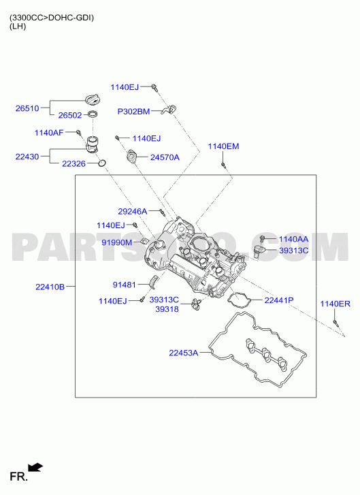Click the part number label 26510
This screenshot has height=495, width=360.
pyautogui.click(x=27, y=108)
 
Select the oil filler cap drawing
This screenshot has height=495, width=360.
pyautogui.click(x=93, y=99)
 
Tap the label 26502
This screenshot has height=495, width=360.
pyautogui.click(x=70, y=116)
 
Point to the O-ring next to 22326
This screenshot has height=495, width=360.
pyautogui.click(x=101, y=163)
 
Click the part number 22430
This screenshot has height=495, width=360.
pyautogui.click(x=27, y=157)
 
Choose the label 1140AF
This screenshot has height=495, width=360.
pyautogui.click(x=49, y=133)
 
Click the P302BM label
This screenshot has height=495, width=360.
pyautogui.click(x=133, y=112)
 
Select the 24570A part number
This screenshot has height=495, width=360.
pyautogui.click(x=165, y=157)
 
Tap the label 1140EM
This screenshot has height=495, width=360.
pyautogui.click(x=223, y=146)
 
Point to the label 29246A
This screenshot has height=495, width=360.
pyautogui.click(x=133, y=212)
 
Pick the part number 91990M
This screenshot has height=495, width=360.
pyautogui.click(x=117, y=242)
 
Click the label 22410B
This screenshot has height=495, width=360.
pyautogui.click(x=50, y=287)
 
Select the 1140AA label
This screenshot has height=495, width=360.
pyautogui.click(x=293, y=239)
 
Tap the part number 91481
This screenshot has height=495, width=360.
pyautogui.click(x=125, y=285)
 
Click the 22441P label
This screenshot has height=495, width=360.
pyautogui.click(x=279, y=300)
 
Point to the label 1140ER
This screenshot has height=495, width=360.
pyautogui.click(x=335, y=304)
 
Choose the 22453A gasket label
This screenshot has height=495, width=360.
pyautogui.click(x=184, y=353)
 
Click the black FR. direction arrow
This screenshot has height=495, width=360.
pyautogui.click(x=35, y=468)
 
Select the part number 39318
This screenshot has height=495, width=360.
pyautogui.click(x=167, y=309)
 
